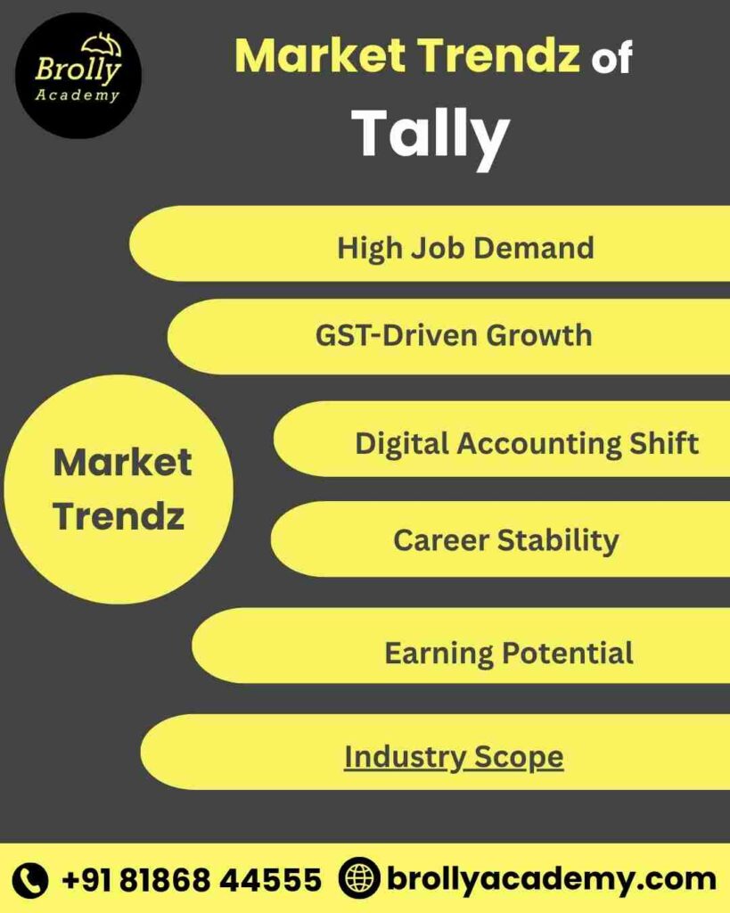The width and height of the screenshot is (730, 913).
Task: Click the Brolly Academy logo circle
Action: coord(78,75)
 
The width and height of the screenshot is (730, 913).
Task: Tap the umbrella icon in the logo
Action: coord(101,45)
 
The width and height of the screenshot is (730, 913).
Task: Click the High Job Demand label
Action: coord(465,247)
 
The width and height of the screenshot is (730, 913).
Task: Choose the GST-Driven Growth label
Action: coord(454,335)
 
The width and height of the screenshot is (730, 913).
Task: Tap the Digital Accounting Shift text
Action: coord(526,443)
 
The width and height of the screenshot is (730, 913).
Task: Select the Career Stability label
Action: coord(505,540)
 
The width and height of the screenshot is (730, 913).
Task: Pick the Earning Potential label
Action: coord(508,653)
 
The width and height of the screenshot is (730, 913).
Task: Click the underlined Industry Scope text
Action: coord(454,757)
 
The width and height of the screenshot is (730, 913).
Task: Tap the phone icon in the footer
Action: coord(32,880)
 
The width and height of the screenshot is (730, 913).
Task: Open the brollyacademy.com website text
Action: coord(550,879)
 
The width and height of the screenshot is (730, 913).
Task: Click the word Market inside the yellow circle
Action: coord(122,463)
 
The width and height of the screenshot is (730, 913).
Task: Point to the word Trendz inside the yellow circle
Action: coord(119,516)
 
